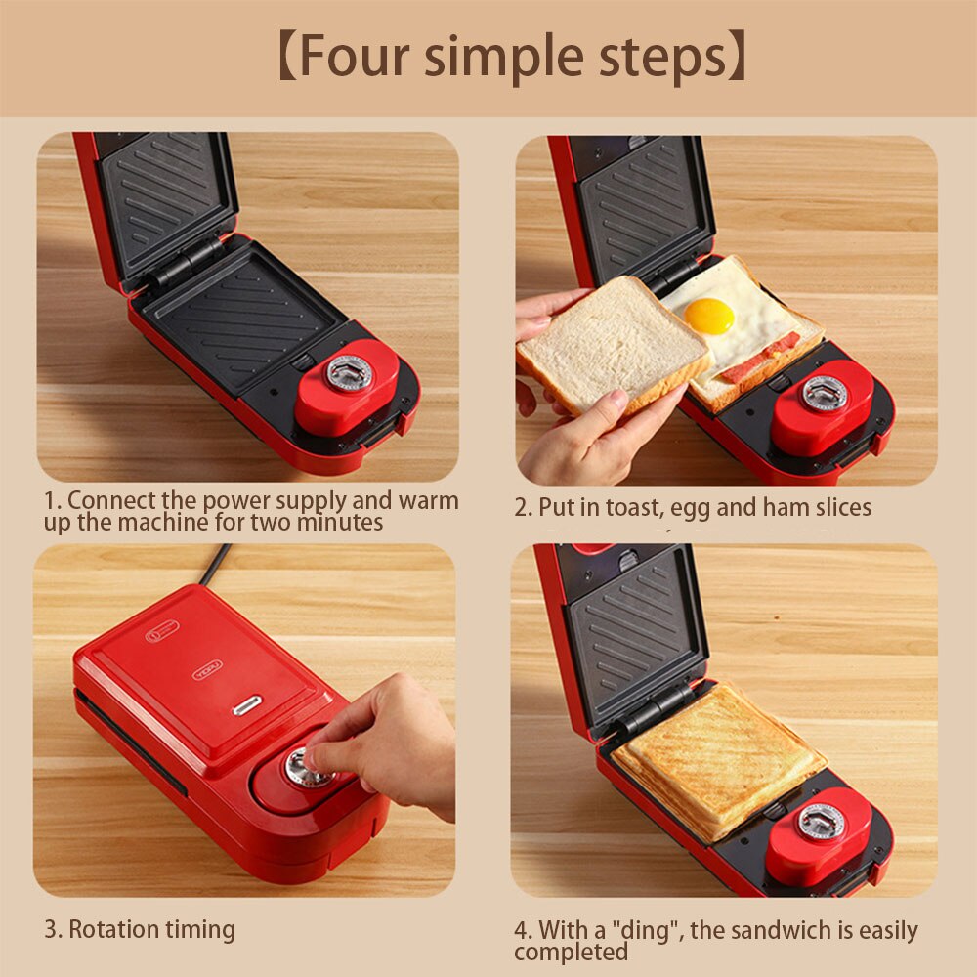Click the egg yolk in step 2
click(708, 315)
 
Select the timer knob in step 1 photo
click(349, 373)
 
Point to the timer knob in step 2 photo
click(824, 393)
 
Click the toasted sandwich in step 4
click(719, 757)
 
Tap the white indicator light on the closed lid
click(246, 705)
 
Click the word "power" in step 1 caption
click(237, 501)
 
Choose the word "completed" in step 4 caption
click(572, 952)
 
